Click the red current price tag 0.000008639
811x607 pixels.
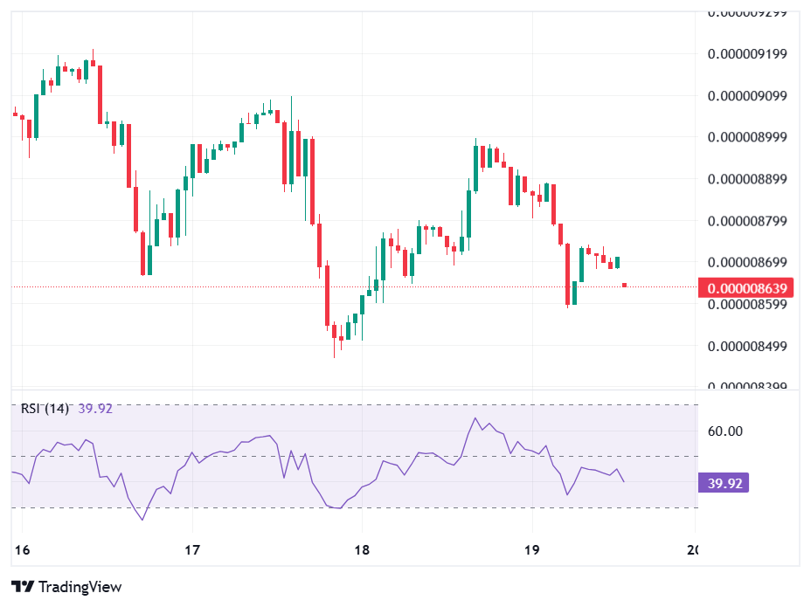(x=750, y=287)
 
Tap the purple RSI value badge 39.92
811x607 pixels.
(x=724, y=483)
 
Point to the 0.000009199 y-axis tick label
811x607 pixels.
(x=747, y=54)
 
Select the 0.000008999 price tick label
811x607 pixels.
(x=747, y=137)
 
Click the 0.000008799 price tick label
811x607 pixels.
(x=747, y=221)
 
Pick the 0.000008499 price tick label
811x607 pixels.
(x=747, y=346)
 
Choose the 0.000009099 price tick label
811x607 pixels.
(x=747, y=96)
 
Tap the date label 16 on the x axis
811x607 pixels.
(x=23, y=549)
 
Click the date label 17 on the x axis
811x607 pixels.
(x=192, y=549)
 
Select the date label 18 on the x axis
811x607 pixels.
(x=362, y=549)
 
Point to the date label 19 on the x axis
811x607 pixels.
(x=531, y=549)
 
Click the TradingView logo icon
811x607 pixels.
(x=23, y=587)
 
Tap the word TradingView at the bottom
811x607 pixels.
(x=80, y=587)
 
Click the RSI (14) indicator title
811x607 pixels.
(x=45, y=408)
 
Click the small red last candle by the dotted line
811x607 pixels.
(x=624, y=285)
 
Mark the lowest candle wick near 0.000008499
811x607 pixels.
(x=334, y=354)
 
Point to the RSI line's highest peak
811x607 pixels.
(x=475, y=418)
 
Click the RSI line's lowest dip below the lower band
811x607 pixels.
(x=142, y=520)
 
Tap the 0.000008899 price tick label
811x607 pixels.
(x=747, y=179)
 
